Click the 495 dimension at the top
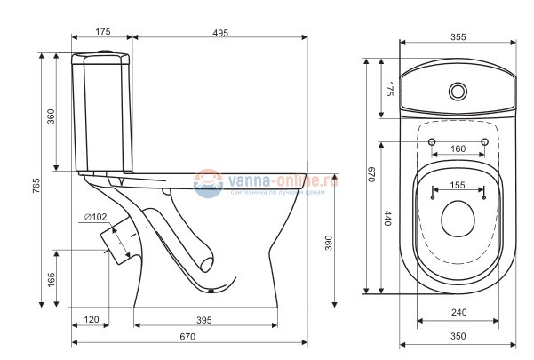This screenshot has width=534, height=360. tap(219, 32)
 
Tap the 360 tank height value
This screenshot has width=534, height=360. tap(51, 116)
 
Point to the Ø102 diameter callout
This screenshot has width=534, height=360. tap(96, 217)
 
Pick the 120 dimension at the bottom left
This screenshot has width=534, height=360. tap(92, 319)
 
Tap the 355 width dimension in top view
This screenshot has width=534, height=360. tap(458, 36)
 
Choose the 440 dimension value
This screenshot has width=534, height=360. tap(387, 219)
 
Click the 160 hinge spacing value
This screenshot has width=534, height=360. tap(458, 148)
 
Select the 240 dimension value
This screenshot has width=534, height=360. tap(458, 313)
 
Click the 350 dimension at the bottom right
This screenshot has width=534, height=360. tap(458, 337)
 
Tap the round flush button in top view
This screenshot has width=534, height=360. tap(458, 90)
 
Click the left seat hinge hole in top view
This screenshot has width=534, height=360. tap(432, 142)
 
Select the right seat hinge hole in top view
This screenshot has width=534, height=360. tap(485, 142)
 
